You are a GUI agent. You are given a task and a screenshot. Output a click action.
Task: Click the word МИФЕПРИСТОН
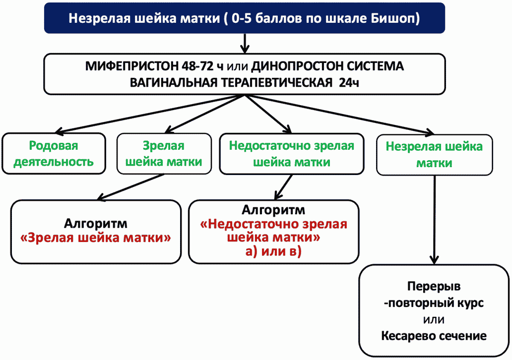[x=132, y=66]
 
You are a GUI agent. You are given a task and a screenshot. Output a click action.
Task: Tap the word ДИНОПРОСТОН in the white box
[x=297, y=66]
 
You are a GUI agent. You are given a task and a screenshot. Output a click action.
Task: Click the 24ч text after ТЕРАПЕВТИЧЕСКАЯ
[x=349, y=83]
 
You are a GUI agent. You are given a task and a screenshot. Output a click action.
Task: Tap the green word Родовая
[x=54, y=146]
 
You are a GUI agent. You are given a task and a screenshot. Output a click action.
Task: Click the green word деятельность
[x=54, y=162]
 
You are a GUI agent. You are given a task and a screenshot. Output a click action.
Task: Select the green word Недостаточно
[x=269, y=146]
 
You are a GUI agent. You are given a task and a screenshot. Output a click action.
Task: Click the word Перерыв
[x=434, y=286]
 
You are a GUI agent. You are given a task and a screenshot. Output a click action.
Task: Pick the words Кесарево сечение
[x=434, y=336]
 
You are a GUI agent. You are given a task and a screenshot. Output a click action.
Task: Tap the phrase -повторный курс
[x=434, y=303]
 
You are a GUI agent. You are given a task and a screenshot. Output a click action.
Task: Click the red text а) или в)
[x=273, y=251]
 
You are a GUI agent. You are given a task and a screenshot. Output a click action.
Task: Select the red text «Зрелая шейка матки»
[x=95, y=238]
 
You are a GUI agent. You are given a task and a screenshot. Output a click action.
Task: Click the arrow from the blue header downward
[x=245, y=43]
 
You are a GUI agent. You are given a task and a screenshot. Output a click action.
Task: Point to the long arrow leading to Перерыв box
[x=434, y=220]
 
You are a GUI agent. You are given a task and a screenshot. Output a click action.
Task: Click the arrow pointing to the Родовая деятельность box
[x=150, y=114]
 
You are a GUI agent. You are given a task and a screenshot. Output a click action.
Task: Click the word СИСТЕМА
[x=375, y=66]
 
